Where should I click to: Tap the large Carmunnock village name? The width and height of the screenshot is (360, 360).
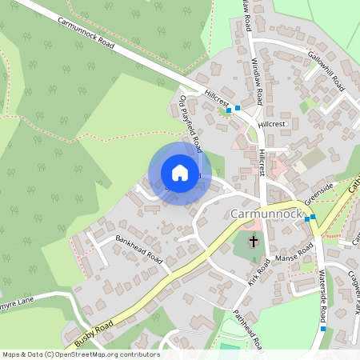(263, 214)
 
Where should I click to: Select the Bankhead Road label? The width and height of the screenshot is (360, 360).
(138, 250)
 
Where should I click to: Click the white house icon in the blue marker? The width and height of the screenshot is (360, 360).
(180, 173)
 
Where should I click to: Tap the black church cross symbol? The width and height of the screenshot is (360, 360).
(254, 242)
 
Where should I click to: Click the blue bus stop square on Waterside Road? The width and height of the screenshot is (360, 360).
(323, 328)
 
